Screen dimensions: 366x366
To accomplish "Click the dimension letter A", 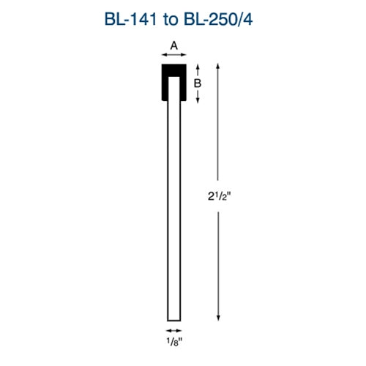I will click(173, 45).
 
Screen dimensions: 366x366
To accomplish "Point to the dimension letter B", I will click(197, 83).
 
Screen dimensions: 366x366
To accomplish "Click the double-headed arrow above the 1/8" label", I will click(173, 330).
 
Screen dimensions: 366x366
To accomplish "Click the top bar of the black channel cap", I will click(173, 68).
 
